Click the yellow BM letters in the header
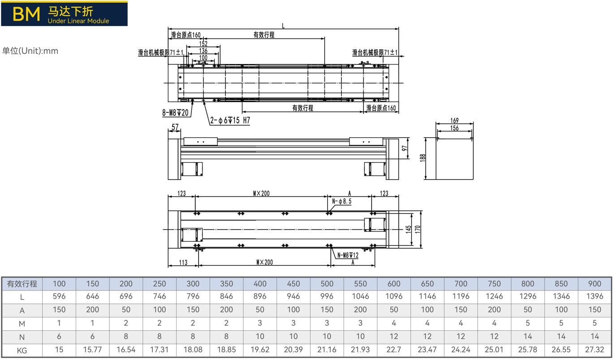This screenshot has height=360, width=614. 26,14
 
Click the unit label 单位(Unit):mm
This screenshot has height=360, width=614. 30,51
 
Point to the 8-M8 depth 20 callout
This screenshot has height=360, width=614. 175,113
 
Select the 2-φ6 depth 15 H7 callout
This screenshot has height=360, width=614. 230,120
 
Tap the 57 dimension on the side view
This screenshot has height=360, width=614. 175,127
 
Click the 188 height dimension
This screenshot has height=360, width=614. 422,158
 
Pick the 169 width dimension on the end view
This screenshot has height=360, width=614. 454,120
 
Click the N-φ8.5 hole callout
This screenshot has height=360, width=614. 342,201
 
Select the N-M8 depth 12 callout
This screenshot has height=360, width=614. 348,255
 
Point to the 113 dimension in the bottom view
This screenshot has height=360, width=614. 183,262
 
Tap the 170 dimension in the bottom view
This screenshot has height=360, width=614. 417,229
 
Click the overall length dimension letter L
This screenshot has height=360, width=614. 283,26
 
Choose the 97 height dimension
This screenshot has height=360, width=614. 404,148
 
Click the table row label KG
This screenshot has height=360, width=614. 22,351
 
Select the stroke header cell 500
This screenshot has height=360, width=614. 327,283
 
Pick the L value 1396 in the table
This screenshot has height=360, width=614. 594,296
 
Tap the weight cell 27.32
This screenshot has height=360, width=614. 594,350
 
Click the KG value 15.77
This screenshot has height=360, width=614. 92,350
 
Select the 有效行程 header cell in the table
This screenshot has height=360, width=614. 22,283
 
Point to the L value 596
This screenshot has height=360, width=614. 59,296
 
